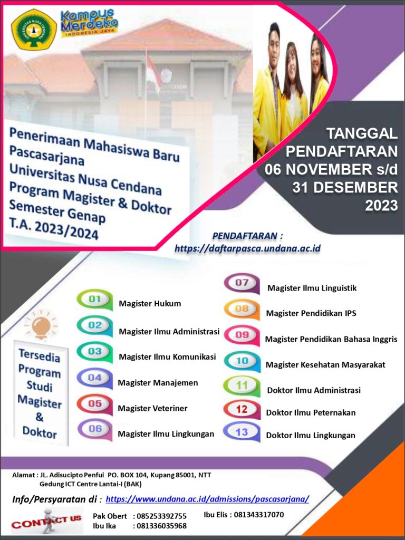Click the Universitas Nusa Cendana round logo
[x=34, y=30]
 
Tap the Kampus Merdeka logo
[x=89, y=23]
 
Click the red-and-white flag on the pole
[x=153, y=73]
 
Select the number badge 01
[x=95, y=300]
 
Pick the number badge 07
[x=242, y=283]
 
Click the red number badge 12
[x=242, y=409]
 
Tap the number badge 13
[x=242, y=432]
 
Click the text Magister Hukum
[x=150, y=303]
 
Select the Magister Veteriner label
[x=152, y=408]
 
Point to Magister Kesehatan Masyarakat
[x=325, y=364]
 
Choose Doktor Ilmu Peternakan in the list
[x=311, y=412]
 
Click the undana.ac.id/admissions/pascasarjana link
[x=207, y=499]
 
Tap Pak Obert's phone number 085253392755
[x=160, y=516]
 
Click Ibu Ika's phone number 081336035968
[x=160, y=526]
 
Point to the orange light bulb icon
[x=41, y=325]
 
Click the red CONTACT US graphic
[x=46, y=521]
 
